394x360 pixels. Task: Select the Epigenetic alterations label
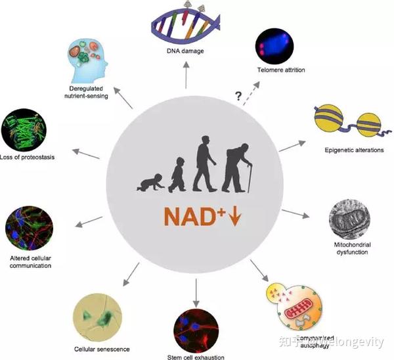point(345,148)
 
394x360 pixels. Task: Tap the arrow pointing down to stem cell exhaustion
point(196,289)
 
